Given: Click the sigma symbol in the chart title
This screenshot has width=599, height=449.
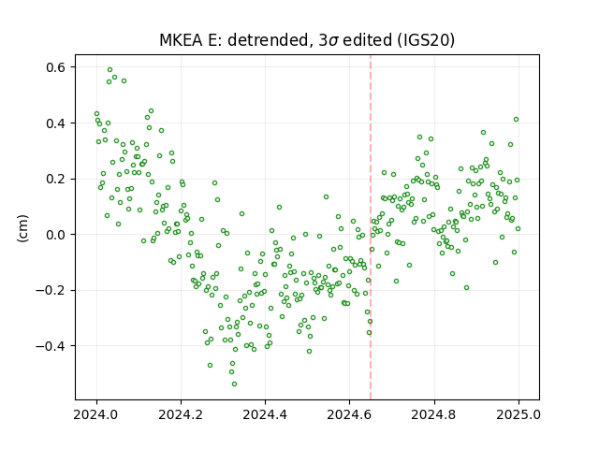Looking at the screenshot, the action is click(x=333, y=41).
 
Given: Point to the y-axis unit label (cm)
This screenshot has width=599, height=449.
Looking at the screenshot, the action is click(x=22, y=228).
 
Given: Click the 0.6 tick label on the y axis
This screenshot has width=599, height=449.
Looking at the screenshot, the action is click(x=56, y=67).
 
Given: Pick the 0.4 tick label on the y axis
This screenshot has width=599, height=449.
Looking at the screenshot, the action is click(x=56, y=123).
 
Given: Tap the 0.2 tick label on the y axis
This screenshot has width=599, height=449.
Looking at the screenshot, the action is click(x=56, y=179).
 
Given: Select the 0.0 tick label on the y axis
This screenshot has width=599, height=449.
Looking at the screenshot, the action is click(x=56, y=235).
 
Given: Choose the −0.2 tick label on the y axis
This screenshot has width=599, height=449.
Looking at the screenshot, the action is click(x=51, y=291).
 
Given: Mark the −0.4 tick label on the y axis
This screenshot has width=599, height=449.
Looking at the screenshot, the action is click(x=51, y=346).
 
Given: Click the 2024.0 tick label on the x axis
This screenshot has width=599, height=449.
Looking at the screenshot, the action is click(x=96, y=414).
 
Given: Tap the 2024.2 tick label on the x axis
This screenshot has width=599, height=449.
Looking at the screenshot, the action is click(x=181, y=414).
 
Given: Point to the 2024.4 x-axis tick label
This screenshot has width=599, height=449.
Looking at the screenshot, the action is click(x=265, y=414).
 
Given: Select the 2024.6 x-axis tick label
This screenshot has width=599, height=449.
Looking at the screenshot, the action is click(x=349, y=414).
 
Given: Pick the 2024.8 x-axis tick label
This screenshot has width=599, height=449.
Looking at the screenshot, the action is click(x=434, y=414).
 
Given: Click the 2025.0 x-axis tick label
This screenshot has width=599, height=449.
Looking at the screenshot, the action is click(x=519, y=414).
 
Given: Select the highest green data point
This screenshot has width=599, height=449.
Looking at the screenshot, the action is click(x=110, y=70).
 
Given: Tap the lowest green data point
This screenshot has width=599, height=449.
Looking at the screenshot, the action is click(x=234, y=384).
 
